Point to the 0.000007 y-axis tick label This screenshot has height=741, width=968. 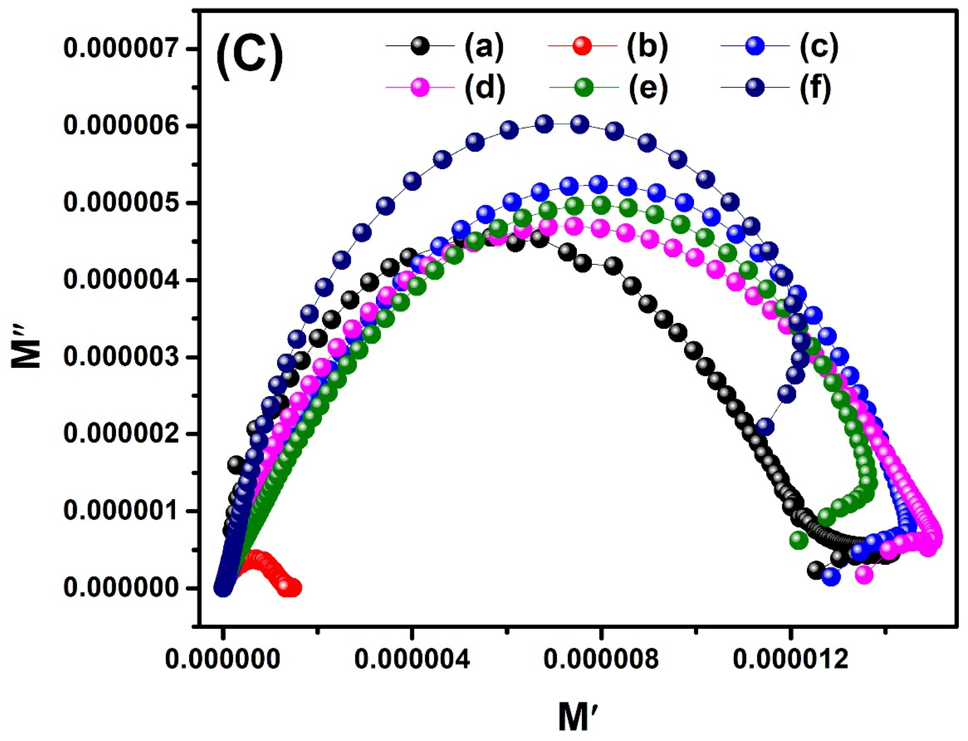tap(125, 49)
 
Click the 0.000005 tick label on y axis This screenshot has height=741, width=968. tap(125, 203)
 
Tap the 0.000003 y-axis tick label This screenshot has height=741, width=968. tap(125, 357)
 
